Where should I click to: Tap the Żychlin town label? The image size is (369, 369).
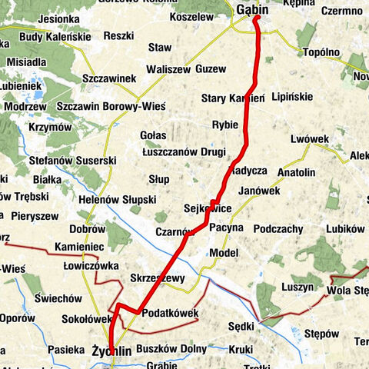[111, 351]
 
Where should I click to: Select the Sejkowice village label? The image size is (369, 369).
[208, 208]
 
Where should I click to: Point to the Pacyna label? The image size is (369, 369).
[226, 228]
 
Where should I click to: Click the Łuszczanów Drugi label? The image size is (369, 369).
[184, 152]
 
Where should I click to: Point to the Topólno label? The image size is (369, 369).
[321, 53]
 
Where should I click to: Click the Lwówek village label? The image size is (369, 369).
[311, 138]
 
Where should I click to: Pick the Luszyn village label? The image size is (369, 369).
[298, 286]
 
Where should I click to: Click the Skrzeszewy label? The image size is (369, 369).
[158, 278]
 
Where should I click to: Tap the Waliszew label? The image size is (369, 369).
[168, 68]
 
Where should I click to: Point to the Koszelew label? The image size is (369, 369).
[191, 15]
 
